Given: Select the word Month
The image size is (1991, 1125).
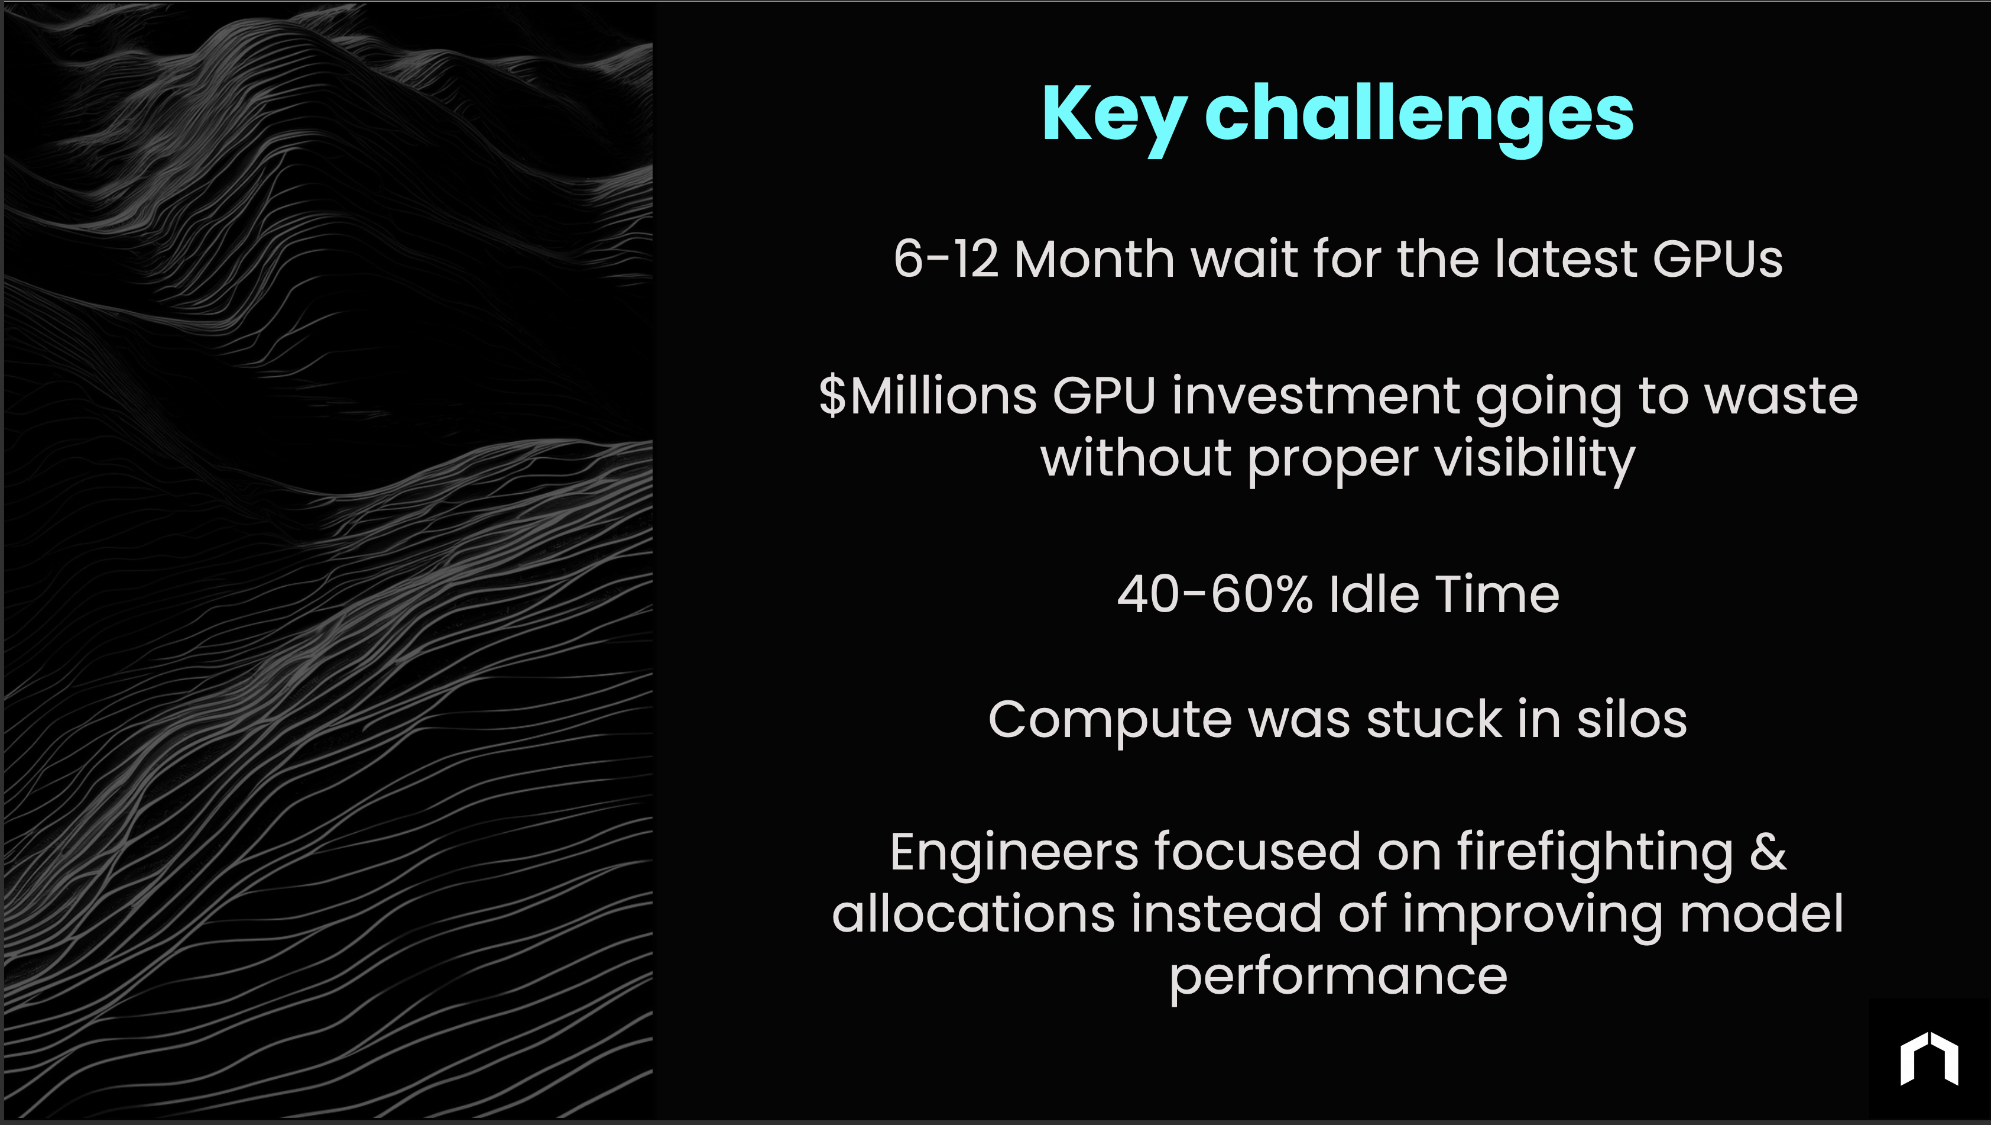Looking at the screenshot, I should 1094,259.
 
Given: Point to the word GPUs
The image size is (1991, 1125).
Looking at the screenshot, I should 1717,259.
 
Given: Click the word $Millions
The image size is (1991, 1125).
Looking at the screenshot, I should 928,397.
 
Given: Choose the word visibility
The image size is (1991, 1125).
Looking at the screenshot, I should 1534,459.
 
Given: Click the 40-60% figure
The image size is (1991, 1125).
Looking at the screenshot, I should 1214,596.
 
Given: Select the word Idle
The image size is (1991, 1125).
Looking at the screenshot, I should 1373,596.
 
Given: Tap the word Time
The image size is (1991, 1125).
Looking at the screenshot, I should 1497,596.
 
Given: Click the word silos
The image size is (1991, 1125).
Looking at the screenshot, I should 1632,720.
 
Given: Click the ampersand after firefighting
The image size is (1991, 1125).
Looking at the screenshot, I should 1768,853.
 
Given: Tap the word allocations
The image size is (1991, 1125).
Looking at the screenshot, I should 973,914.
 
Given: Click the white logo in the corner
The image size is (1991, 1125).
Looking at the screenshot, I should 1929,1059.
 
